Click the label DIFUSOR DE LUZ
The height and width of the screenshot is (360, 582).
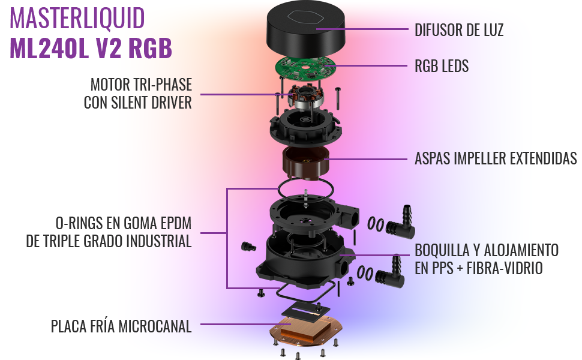coord(459,30)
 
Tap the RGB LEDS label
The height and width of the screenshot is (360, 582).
coord(442,66)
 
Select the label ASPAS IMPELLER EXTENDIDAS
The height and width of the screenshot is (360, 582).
coord(496,158)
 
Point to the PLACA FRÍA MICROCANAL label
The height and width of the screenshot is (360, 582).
coord(121,326)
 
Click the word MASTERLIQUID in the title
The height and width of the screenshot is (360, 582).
coord(77,18)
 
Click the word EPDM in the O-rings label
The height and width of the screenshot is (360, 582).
coord(176,223)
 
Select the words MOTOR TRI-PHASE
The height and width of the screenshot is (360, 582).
coord(141,85)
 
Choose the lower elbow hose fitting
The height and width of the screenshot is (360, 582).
coord(391,273)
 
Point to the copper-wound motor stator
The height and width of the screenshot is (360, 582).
coord(306,97)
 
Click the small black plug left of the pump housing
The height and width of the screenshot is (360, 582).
coord(248,247)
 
